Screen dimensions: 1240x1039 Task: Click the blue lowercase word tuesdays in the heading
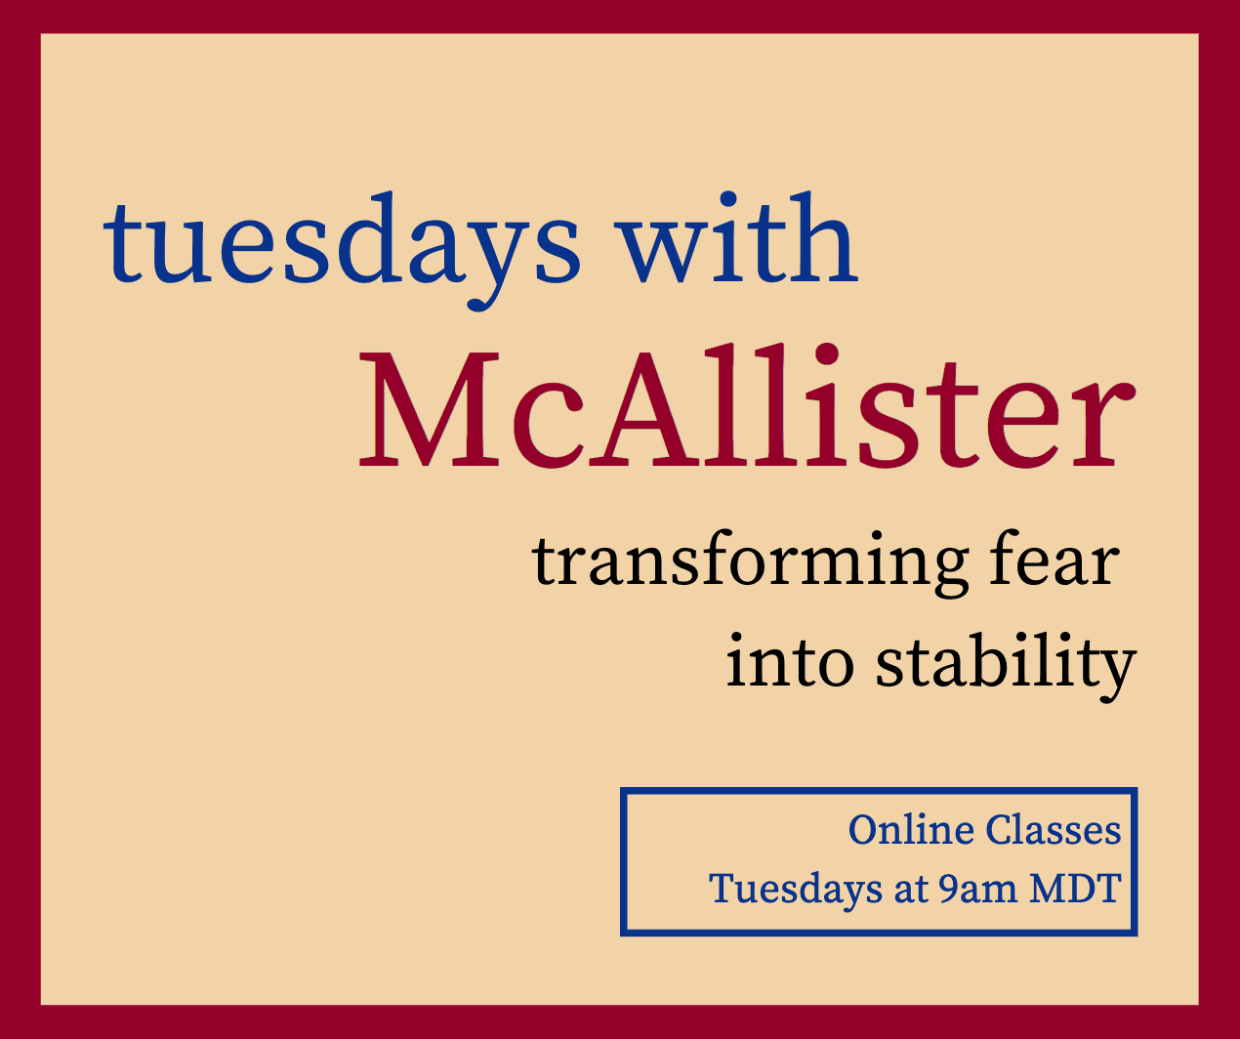(341, 251)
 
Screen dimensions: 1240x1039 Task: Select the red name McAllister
(747, 406)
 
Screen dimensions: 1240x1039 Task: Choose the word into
(791, 661)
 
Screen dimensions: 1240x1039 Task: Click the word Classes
(1054, 829)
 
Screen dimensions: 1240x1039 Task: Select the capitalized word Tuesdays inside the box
(796, 891)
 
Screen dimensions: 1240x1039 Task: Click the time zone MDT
(1076, 889)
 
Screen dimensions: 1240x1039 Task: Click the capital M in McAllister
(429, 409)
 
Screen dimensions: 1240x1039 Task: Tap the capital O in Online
(867, 830)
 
